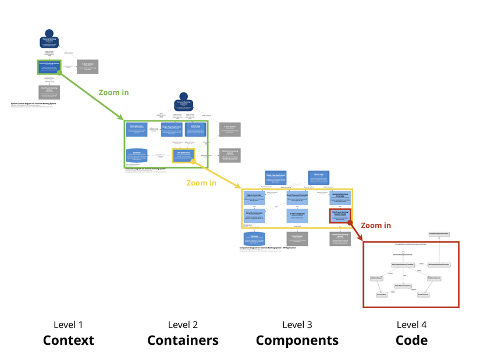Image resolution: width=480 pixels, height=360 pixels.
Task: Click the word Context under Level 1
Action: coord(68,340)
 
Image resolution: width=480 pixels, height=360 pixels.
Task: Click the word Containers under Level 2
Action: coord(183,340)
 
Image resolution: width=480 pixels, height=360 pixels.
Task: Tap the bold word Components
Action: coord(297,340)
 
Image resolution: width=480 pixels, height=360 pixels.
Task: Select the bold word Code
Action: coord(411,340)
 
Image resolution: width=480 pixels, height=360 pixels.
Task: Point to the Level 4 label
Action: coord(411,325)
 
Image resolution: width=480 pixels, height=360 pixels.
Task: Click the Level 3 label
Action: coord(297,325)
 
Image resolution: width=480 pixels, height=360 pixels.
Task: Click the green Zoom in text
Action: coord(113,92)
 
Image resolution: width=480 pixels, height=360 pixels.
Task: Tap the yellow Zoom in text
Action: coord(201,183)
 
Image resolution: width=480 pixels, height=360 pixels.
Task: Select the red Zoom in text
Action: coord(376,225)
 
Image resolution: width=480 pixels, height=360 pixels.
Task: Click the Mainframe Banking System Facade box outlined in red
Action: coord(340,216)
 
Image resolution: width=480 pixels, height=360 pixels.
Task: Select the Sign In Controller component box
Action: coord(255,198)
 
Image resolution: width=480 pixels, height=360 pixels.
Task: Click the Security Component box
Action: coord(255,216)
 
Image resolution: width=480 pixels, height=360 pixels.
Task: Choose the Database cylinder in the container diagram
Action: coord(137,155)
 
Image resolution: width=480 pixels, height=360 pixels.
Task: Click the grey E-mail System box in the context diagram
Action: coord(87,66)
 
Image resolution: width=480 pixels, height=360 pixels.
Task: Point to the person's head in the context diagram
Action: coord(49,34)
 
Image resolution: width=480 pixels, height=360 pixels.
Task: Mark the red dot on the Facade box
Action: coord(350,222)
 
